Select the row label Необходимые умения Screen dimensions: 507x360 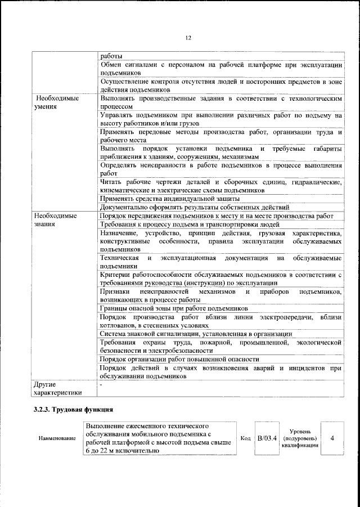click(x=55, y=101)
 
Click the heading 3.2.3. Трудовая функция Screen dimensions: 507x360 click(x=74, y=409)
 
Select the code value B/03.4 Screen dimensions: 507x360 click(x=267, y=438)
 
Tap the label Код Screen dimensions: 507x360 click(x=245, y=438)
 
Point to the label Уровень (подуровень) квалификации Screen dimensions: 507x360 click(x=304, y=437)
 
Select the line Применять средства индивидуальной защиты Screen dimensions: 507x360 click(x=169, y=199)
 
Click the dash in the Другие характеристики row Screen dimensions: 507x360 click(x=101, y=384)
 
